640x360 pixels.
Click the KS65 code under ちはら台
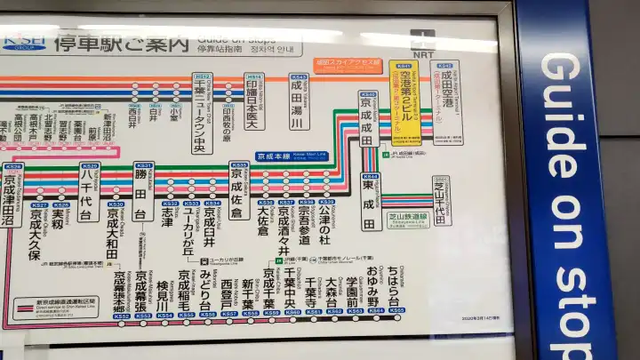point(396,310)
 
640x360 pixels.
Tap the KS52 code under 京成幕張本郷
point(122,315)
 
